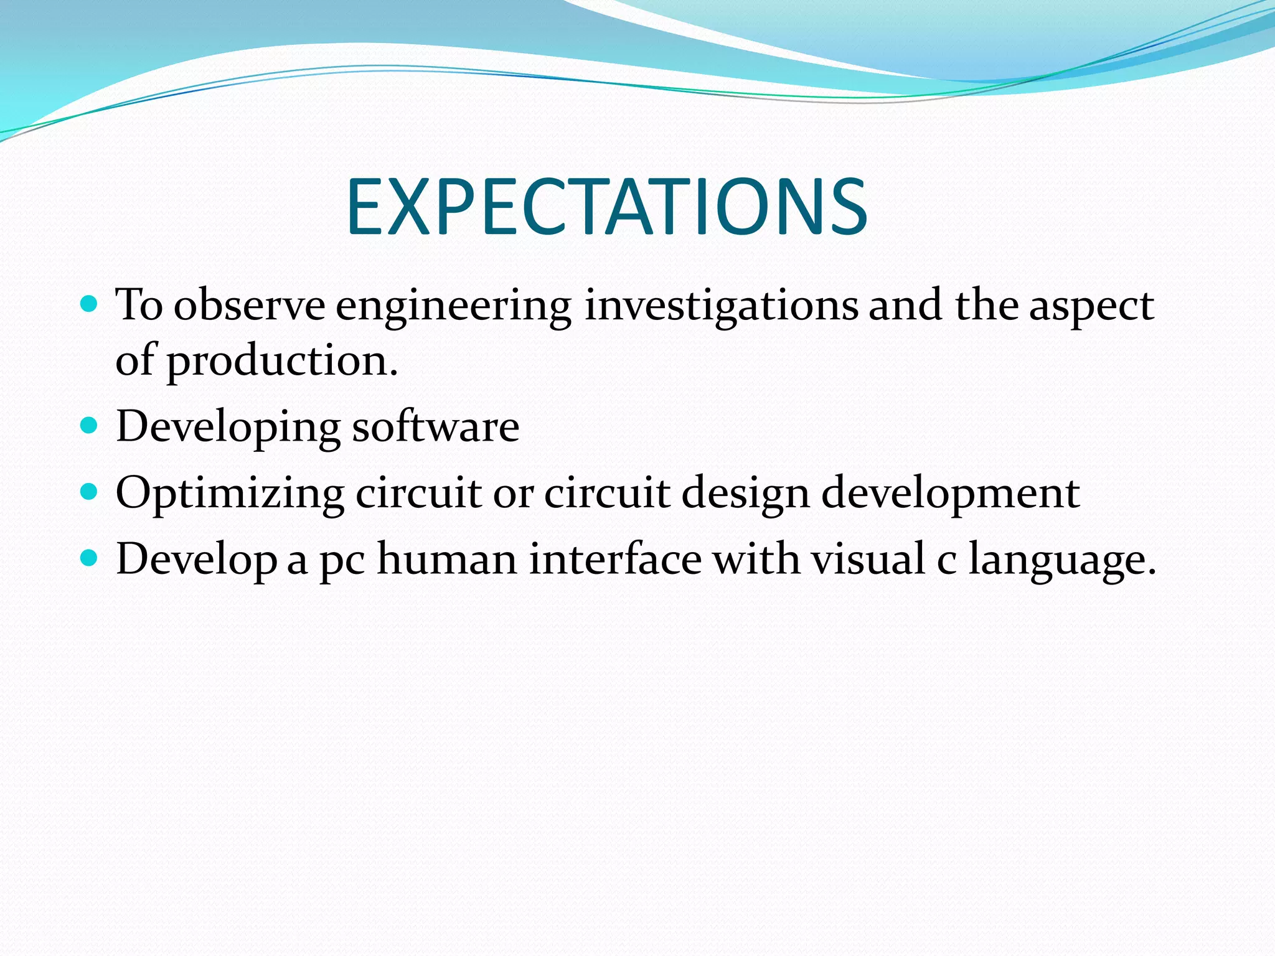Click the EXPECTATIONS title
606,207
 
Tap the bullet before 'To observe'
90,304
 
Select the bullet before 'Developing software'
90,426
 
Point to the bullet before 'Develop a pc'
90,558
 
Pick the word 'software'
435,427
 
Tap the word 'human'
447,559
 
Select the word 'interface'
615,559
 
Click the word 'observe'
249,306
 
